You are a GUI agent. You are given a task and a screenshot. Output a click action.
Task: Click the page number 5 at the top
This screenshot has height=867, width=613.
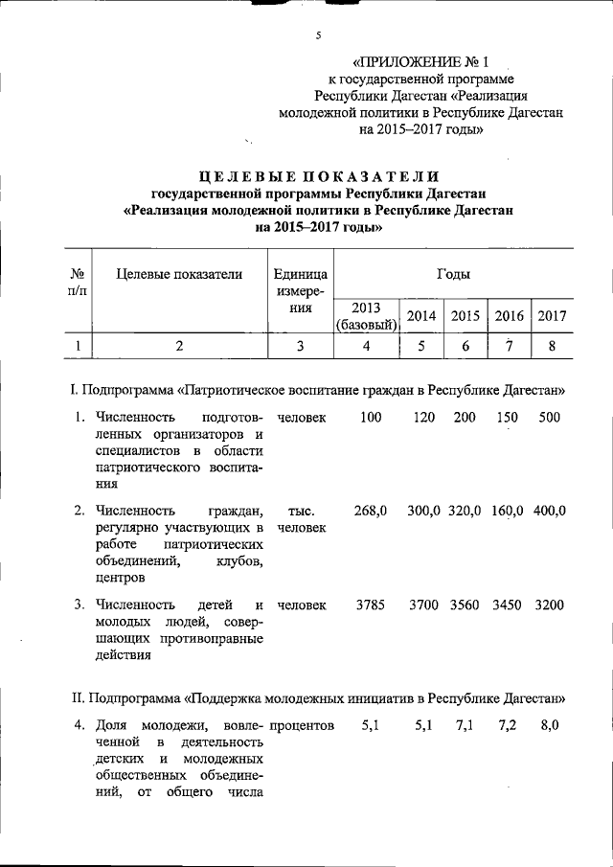(316, 35)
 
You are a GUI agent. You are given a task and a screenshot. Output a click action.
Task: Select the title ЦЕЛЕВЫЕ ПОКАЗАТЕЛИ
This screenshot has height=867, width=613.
(320, 176)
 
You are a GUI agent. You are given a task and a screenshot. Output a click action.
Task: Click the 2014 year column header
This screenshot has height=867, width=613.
(421, 316)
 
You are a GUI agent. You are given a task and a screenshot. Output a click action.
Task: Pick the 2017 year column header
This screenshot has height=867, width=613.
(552, 316)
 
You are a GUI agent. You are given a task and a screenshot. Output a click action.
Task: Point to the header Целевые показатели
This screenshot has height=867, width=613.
(179, 275)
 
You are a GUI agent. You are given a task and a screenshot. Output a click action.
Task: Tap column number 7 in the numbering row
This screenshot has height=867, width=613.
(508, 347)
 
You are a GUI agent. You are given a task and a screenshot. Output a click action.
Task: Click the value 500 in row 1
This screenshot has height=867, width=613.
(551, 418)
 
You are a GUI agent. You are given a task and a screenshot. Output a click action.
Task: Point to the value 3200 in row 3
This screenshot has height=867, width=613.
(551, 605)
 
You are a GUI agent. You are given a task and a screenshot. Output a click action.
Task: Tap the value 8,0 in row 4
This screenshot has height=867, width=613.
(549, 725)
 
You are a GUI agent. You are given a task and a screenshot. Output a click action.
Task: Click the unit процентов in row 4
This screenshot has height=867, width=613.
(302, 725)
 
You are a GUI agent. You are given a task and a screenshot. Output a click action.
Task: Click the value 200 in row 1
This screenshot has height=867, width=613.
(465, 418)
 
